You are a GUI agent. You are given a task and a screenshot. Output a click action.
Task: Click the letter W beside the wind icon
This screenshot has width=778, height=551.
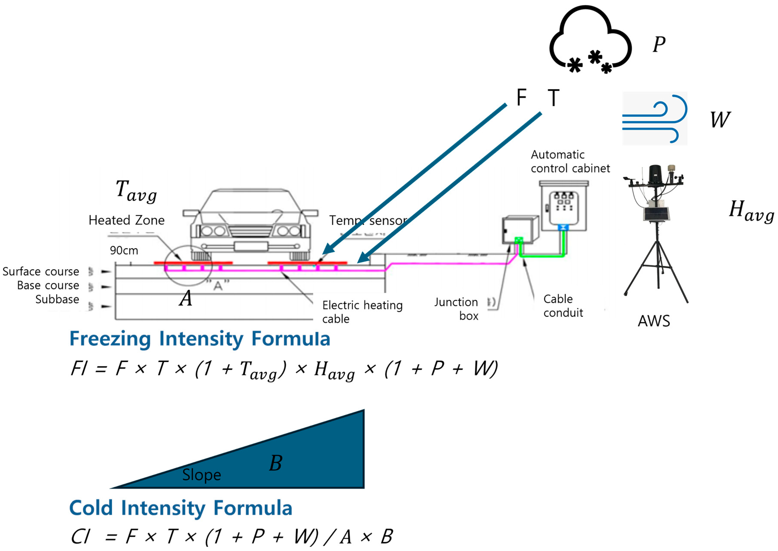[720, 120]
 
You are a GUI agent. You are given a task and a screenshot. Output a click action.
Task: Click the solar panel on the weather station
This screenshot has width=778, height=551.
[656, 214]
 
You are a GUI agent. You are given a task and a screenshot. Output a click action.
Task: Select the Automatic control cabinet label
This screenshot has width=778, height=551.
[570, 162]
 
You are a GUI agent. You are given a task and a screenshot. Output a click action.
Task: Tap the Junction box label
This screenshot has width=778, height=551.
[456, 309]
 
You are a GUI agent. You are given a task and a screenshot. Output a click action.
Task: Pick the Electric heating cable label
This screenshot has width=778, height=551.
[362, 312]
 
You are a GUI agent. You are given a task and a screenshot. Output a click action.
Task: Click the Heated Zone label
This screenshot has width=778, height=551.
[126, 220]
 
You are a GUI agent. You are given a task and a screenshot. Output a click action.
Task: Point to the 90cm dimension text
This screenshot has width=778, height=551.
[124, 250]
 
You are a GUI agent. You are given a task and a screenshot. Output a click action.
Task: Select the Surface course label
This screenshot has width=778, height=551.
[41, 271]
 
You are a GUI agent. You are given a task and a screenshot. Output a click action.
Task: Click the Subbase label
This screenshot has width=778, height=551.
[57, 299]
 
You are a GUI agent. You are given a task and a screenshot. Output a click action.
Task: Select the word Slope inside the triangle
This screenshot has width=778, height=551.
[202, 475]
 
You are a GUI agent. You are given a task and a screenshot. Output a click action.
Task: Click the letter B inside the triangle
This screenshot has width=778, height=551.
[276, 463]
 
